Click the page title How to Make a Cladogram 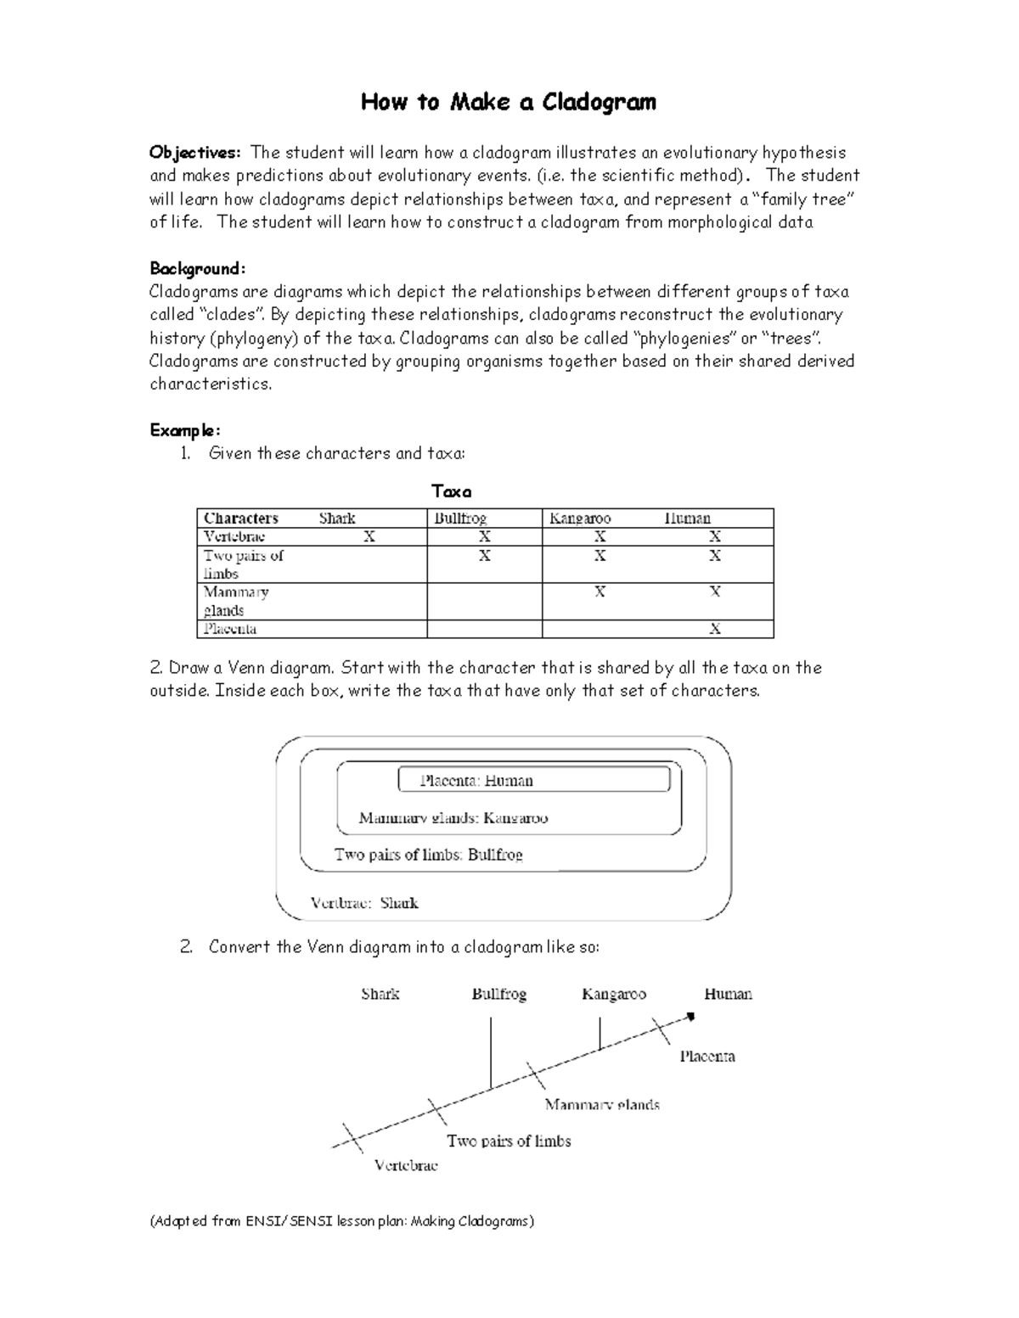tap(508, 103)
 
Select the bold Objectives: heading tap(195, 153)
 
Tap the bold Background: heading tap(198, 269)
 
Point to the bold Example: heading tap(185, 430)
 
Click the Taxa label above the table tap(452, 491)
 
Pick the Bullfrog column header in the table tap(460, 518)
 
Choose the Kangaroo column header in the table tap(580, 518)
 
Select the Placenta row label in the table tap(230, 629)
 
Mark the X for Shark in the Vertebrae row tap(369, 536)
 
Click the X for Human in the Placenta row tap(715, 629)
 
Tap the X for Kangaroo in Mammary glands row tap(600, 592)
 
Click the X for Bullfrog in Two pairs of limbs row tap(484, 556)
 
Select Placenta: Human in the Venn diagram tap(476, 781)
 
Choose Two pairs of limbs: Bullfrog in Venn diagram tap(428, 855)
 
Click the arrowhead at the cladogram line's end tap(690, 1016)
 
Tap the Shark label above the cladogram tap(380, 994)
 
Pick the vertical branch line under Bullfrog tap(491, 1052)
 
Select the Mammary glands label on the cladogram tap(602, 1105)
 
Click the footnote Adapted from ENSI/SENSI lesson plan tap(342, 1221)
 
